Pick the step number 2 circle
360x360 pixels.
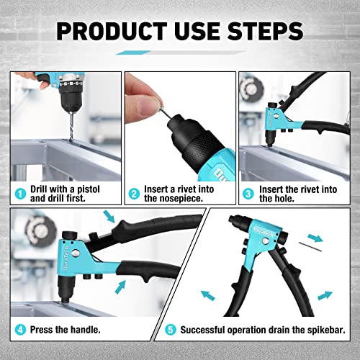[x=134, y=193]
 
